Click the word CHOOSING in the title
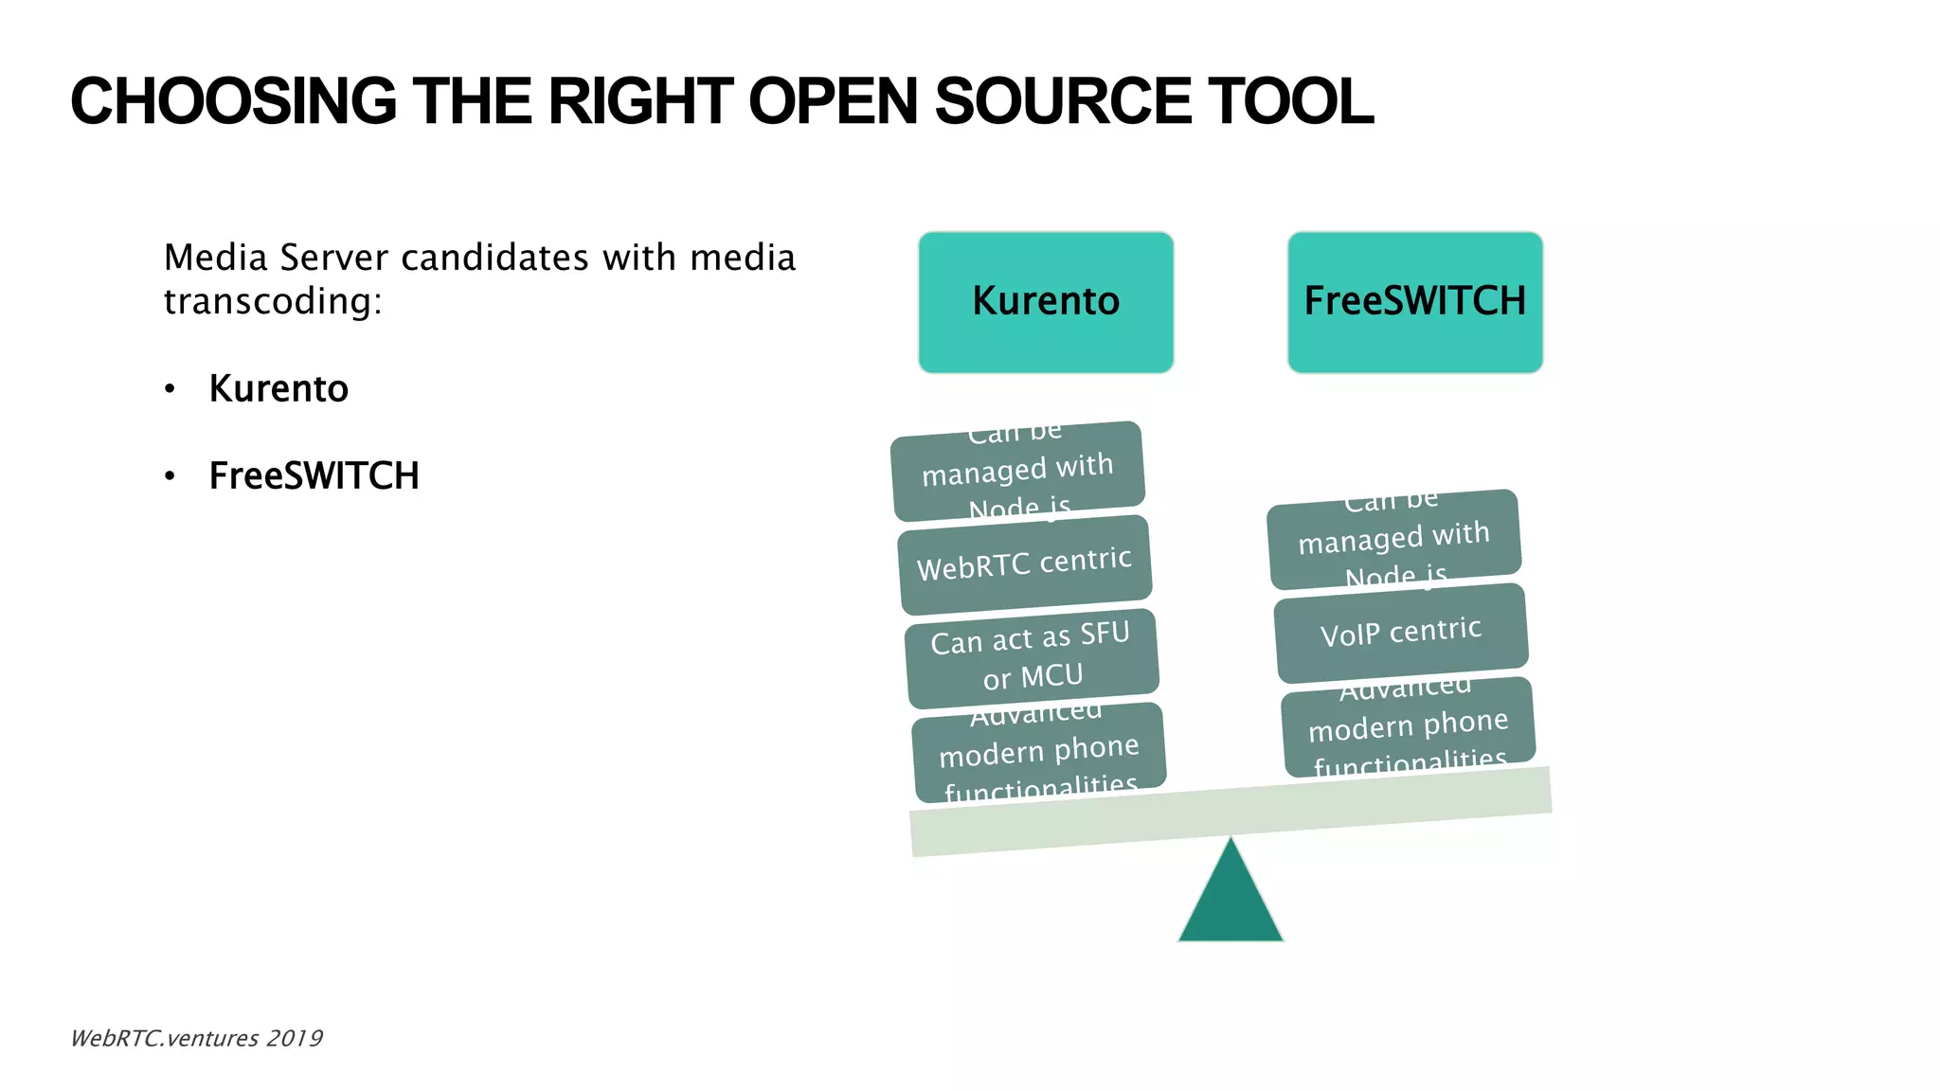pos(233,101)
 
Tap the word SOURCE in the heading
pos(1062,101)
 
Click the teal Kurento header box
pos(1046,302)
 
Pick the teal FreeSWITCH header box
pos(1415,302)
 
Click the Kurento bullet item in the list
pos(278,389)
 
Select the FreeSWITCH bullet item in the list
pos(314,476)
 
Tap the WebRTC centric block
pos(1025,564)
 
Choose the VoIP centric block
pos(1401,633)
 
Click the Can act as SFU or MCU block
pos(1032,658)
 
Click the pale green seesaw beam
pos(1230,813)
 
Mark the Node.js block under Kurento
pos(1017,471)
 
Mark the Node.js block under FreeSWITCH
pos(1394,539)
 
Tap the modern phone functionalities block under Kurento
pos(1039,753)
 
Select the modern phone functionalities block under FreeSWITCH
pos(1409,727)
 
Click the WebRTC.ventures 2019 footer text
pos(196,1039)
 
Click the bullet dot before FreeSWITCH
pos(170,476)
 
